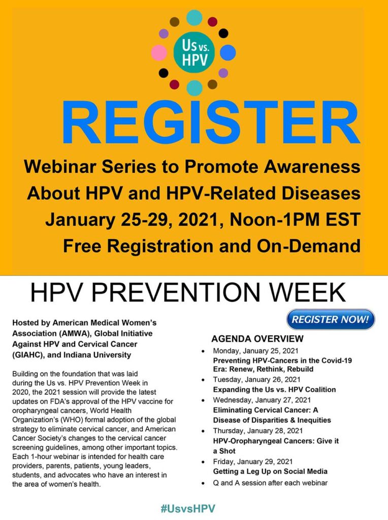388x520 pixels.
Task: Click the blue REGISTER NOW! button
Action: tap(330, 319)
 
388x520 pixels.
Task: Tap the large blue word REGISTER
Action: tap(211, 122)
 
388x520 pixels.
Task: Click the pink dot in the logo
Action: tap(159, 52)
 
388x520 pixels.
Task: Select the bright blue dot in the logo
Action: tap(228, 52)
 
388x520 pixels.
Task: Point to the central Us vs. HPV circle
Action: tap(195, 52)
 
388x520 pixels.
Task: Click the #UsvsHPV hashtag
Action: tap(188, 508)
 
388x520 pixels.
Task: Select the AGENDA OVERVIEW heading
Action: tap(257, 339)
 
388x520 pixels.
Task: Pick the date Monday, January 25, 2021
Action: tap(255, 351)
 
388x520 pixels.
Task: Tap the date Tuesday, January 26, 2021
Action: tap(256, 379)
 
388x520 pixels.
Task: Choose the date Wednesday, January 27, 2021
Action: tap(262, 400)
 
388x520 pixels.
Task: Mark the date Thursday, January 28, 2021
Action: tap(257, 431)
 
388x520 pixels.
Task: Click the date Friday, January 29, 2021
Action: tap(253, 462)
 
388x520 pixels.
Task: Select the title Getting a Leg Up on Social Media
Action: tap(270, 472)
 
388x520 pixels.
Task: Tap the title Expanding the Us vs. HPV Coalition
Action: tap(274, 389)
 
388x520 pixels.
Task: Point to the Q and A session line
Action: tap(270, 483)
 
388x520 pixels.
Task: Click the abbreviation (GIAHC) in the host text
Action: tap(27, 355)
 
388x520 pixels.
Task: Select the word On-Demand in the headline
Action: tap(308, 246)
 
